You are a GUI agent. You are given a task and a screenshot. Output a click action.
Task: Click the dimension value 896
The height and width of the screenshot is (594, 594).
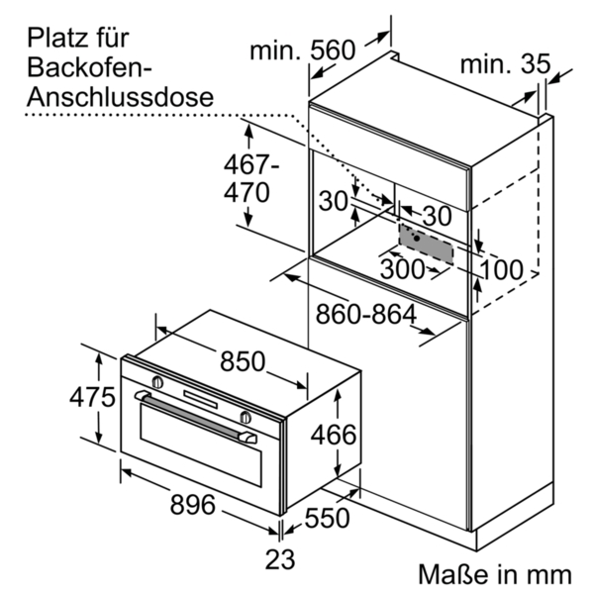[192, 504]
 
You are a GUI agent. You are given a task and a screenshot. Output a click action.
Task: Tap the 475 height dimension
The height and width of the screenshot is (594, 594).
[92, 397]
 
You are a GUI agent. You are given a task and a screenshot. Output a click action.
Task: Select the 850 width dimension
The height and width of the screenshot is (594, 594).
[243, 361]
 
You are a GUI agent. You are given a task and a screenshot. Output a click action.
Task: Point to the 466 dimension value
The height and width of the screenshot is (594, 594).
[334, 435]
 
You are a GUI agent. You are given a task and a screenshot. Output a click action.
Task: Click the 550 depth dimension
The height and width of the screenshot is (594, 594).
[328, 518]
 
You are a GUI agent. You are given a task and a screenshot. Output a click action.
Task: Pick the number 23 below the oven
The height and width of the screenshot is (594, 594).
[280, 559]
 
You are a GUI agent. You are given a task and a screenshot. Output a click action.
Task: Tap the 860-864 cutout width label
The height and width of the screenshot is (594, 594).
[366, 315]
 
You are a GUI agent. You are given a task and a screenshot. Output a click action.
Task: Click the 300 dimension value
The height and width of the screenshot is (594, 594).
[402, 269]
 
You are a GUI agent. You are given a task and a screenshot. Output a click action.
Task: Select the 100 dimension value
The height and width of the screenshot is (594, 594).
[502, 269]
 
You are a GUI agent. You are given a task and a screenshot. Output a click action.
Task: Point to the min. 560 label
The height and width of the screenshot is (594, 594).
[303, 50]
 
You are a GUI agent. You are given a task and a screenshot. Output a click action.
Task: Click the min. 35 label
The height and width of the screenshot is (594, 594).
[505, 63]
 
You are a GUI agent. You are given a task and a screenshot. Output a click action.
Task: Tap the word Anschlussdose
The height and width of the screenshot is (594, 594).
[121, 97]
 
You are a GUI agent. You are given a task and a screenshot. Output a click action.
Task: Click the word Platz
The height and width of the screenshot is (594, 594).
[56, 38]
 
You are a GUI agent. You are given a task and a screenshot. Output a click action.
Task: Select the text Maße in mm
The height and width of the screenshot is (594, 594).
[495, 574]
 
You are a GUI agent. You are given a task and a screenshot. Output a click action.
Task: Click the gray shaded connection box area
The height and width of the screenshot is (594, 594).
[426, 244]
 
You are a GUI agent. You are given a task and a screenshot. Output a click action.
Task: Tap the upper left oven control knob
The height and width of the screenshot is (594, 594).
[157, 382]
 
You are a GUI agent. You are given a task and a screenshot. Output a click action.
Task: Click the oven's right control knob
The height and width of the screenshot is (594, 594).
[246, 417]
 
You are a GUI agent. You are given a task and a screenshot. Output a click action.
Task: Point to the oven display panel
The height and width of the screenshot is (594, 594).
[200, 399]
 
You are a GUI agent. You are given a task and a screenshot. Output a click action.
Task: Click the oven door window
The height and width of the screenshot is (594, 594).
[201, 445]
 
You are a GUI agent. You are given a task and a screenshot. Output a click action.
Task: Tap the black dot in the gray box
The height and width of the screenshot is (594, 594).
[417, 239]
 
